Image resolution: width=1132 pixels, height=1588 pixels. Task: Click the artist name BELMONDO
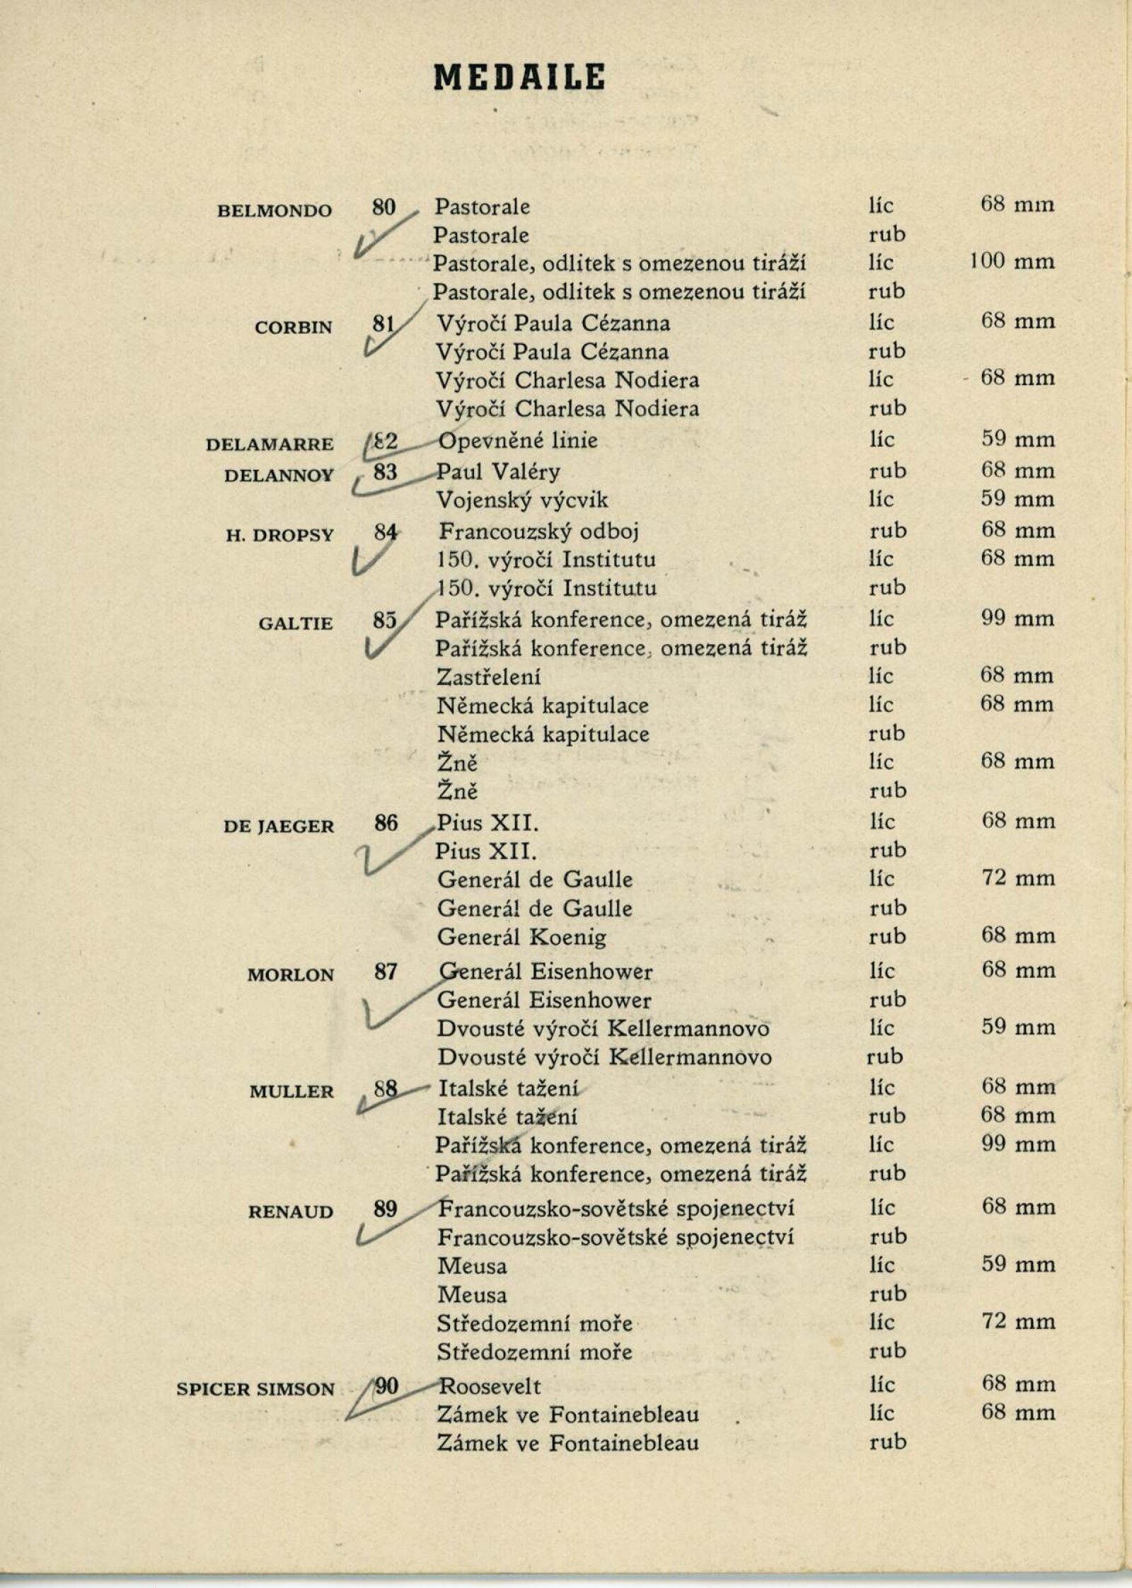tap(275, 211)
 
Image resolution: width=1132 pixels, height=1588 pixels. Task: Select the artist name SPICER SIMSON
tap(255, 1388)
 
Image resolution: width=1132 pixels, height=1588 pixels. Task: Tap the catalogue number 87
tap(386, 972)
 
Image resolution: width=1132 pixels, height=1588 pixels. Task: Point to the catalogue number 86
tap(386, 823)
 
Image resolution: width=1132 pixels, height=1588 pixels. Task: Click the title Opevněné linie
tap(518, 440)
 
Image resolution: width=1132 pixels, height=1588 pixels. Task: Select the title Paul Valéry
tap(498, 471)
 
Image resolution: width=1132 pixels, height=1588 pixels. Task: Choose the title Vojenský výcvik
tap(522, 500)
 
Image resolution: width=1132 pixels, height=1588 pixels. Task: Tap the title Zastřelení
tap(488, 677)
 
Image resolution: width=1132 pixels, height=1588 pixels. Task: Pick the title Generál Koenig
tap(522, 938)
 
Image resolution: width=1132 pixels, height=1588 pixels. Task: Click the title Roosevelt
tap(490, 1385)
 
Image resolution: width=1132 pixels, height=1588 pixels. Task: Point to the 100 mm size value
tap(1012, 262)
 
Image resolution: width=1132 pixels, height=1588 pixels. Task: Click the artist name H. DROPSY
tap(279, 535)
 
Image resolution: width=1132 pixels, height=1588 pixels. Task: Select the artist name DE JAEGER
tap(279, 827)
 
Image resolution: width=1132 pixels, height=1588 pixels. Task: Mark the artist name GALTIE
tap(296, 623)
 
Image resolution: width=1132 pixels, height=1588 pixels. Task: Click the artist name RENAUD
tap(290, 1212)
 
